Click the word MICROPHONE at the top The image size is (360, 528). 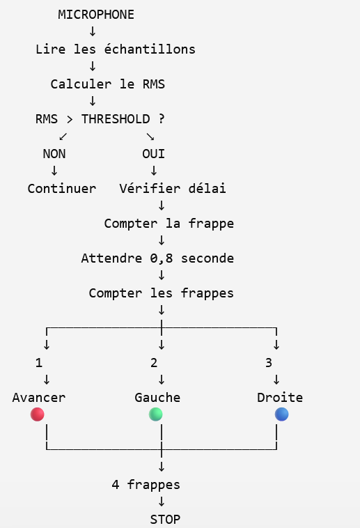[96, 15]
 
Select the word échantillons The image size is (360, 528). [150, 49]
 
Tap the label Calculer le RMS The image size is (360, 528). [108, 84]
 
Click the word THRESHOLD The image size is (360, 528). [116, 119]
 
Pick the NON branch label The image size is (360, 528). [54, 154]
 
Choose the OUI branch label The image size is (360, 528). [154, 154]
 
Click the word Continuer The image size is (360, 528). [62, 189]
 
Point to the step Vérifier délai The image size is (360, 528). [173, 189]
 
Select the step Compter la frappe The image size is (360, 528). [169, 224]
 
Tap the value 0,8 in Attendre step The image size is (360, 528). [162, 258]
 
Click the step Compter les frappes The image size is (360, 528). [162, 293]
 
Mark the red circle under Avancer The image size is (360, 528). [38, 414]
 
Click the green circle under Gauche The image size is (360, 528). [155, 414]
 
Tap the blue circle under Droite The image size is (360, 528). [281, 414]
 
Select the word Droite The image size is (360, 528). [280, 398]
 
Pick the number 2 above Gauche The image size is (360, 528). [154, 363]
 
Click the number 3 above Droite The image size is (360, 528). [268, 363]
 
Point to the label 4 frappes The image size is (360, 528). [146, 485]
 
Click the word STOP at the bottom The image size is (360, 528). [165, 519]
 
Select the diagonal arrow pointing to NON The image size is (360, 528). [63, 137]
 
